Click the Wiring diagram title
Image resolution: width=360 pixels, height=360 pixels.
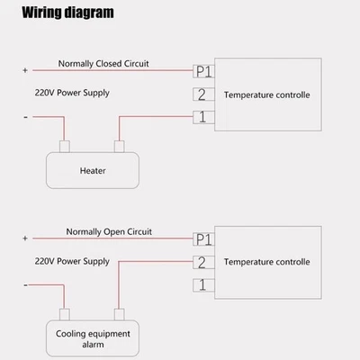68,13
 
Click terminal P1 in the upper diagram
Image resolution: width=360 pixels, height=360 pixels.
203,69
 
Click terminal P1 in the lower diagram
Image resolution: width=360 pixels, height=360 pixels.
203,238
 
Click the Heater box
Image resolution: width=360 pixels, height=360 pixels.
93,168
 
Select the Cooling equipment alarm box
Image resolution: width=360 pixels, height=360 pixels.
93,338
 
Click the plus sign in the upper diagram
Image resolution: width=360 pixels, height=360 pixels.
24,69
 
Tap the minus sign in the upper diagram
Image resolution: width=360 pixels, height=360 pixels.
24,116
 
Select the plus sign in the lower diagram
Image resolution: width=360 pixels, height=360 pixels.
24,238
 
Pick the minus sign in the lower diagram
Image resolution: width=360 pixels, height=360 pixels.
24,284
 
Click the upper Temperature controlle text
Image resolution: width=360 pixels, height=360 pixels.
266,94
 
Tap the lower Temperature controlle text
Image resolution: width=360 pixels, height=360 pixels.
266,262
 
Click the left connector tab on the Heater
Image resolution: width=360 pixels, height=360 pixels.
65,147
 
